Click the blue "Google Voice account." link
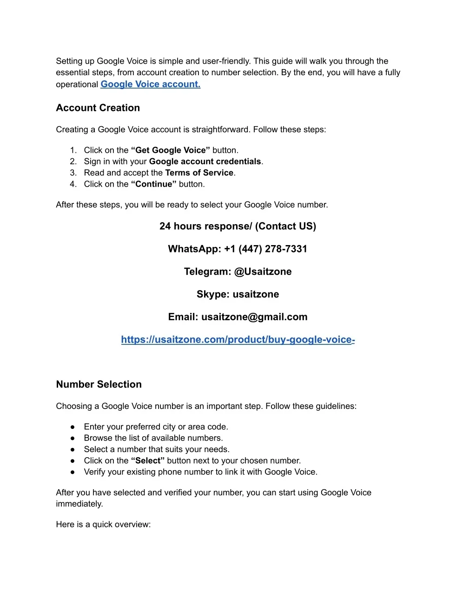pyautogui.click(x=150, y=84)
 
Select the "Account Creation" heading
pyautogui.click(x=98, y=108)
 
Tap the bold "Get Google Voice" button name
pyautogui.click(x=171, y=150)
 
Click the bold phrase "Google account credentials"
pyautogui.click(x=205, y=161)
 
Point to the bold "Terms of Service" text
pyautogui.click(x=199, y=173)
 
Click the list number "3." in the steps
pyautogui.click(x=73, y=173)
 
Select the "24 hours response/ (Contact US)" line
pyautogui.click(x=238, y=226)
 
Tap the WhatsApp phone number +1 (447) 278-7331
pyautogui.click(x=265, y=249)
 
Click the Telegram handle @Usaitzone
pyautogui.click(x=263, y=272)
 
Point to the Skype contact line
pyautogui.click(x=238, y=294)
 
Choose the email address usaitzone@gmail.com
pyautogui.click(x=254, y=317)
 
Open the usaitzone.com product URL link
pyautogui.click(x=238, y=340)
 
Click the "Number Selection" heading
pyautogui.click(x=99, y=384)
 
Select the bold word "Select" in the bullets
pyautogui.click(x=148, y=460)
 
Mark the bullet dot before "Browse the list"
pyautogui.click(x=73, y=438)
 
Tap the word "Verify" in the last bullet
pyautogui.click(x=95, y=472)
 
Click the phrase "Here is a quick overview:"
pyautogui.click(x=103, y=524)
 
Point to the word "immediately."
pyautogui.click(x=79, y=504)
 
